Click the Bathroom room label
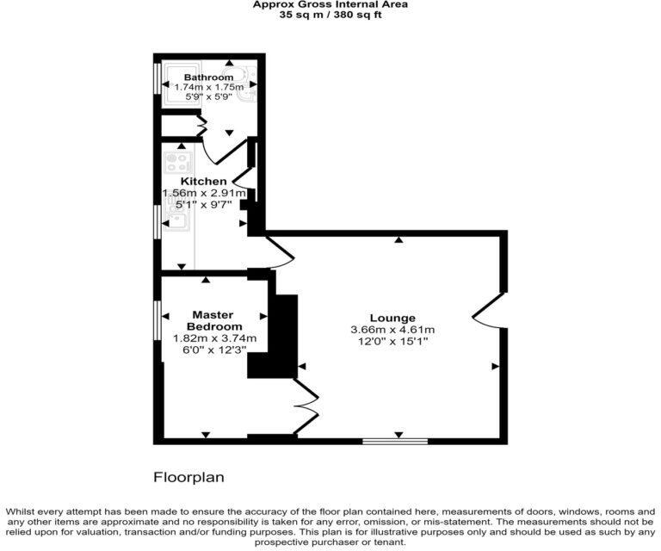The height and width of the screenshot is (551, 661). tap(207, 77)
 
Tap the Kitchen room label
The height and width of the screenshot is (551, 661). tap(204, 181)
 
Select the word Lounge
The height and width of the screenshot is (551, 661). tap(392, 318)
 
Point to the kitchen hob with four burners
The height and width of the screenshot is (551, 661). tap(177, 162)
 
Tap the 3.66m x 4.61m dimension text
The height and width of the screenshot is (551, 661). tap(392, 330)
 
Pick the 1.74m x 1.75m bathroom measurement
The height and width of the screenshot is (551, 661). tap(208, 88)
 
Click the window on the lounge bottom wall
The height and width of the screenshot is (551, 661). tap(395, 442)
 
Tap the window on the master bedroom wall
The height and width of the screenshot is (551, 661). tap(157, 320)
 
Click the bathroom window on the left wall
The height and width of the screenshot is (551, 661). tap(157, 77)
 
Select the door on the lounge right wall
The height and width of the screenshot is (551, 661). tap(485, 311)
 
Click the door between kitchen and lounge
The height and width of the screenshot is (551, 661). tap(281, 251)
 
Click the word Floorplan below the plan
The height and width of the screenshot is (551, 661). tap(188, 476)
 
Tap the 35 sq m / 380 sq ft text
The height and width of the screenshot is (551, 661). tap(330, 16)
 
